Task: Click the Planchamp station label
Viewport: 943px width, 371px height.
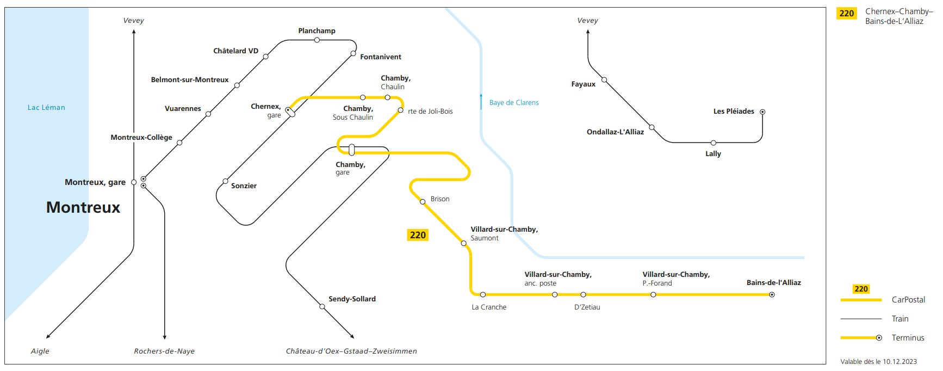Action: point(317,31)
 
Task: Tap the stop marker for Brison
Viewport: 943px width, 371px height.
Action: point(423,202)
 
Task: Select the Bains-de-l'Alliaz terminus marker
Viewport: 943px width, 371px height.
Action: point(772,295)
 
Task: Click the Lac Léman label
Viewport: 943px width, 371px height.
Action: point(46,108)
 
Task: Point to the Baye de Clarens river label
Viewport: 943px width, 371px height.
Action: point(513,103)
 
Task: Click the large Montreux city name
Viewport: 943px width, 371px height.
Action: point(83,207)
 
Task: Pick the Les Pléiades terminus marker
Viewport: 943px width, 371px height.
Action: point(762,112)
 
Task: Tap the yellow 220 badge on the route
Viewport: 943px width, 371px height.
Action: point(418,235)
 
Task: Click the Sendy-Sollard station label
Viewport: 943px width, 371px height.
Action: point(352,299)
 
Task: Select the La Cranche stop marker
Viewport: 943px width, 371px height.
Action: point(483,295)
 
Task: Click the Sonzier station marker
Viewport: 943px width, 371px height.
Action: point(225,181)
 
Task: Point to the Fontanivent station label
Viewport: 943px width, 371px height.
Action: point(380,57)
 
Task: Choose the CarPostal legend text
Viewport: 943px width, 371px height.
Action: point(908,300)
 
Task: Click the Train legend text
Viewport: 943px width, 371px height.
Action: point(899,319)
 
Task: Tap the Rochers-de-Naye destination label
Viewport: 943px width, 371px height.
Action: point(164,351)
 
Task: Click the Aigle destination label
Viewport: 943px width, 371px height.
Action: point(40,351)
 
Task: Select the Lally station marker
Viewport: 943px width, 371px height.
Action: point(713,143)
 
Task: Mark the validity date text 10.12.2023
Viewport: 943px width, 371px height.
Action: point(899,362)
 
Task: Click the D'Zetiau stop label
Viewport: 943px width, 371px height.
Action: point(587,307)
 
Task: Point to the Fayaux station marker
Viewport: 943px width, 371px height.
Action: point(604,80)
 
